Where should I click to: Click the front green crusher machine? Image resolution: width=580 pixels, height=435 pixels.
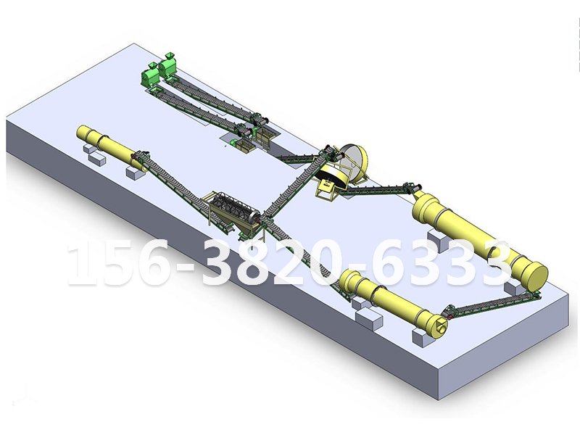click(x=150, y=76)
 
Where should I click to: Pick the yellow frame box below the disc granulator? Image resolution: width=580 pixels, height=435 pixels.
click(x=326, y=188)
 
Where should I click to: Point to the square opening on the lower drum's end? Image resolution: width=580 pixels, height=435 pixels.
click(x=441, y=326)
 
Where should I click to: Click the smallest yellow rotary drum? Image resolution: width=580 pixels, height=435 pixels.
click(x=112, y=147)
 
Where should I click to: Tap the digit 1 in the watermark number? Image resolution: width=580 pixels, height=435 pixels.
click(x=80, y=263)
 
